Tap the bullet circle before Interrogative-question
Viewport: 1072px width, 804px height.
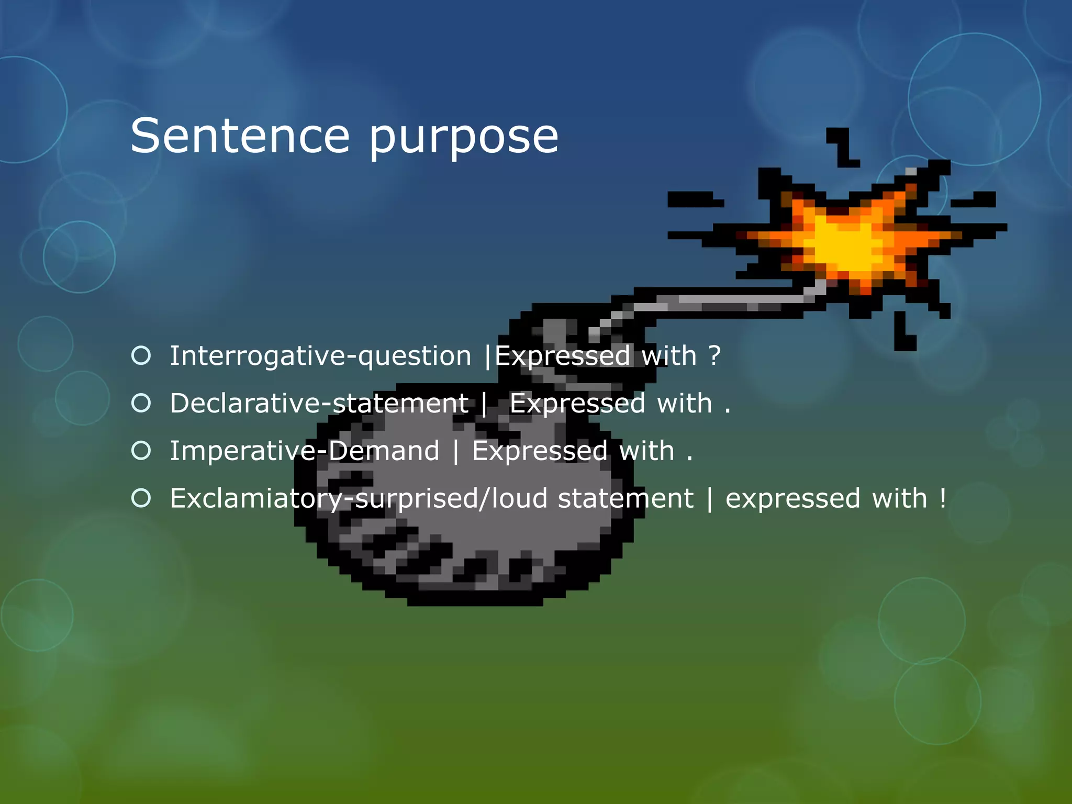click(x=141, y=355)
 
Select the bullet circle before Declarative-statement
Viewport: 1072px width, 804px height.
click(x=141, y=403)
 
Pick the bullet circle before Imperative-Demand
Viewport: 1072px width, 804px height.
click(x=141, y=450)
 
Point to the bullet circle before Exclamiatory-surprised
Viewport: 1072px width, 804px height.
click(x=141, y=498)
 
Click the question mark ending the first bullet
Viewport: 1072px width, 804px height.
click(x=714, y=356)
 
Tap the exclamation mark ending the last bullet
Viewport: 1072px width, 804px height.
click(x=943, y=498)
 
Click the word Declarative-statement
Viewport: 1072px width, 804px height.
click(x=319, y=404)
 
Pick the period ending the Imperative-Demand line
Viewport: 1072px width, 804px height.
click(x=690, y=459)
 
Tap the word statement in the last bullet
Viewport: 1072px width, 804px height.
click(x=626, y=498)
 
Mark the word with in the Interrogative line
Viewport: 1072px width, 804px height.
click(x=669, y=356)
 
